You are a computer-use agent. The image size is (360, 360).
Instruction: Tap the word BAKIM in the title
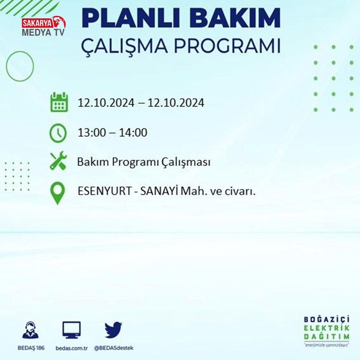[235, 18]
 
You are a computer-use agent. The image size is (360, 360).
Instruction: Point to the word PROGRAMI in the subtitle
[227, 46]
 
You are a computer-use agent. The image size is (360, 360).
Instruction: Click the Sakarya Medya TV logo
[44, 26]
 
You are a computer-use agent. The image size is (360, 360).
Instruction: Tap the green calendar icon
[59, 102]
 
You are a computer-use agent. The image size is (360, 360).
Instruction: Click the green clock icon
[58, 133]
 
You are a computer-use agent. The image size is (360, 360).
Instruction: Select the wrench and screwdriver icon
[59, 161]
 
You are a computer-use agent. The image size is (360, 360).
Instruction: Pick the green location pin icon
[58, 193]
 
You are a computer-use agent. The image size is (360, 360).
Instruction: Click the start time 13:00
[91, 132]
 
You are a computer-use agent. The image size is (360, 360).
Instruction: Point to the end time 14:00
[133, 132]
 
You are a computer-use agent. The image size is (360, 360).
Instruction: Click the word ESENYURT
[104, 191]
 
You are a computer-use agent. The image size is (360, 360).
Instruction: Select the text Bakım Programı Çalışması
[144, 162]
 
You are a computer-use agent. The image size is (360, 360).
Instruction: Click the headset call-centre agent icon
[31, 330]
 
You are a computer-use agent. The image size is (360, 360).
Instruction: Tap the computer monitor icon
[72, 330]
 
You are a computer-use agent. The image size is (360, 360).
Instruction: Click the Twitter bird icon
[113, 330]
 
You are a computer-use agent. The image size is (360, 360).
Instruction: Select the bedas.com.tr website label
[72, 348]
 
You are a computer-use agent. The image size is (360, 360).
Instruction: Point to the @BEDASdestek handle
[114, 348]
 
